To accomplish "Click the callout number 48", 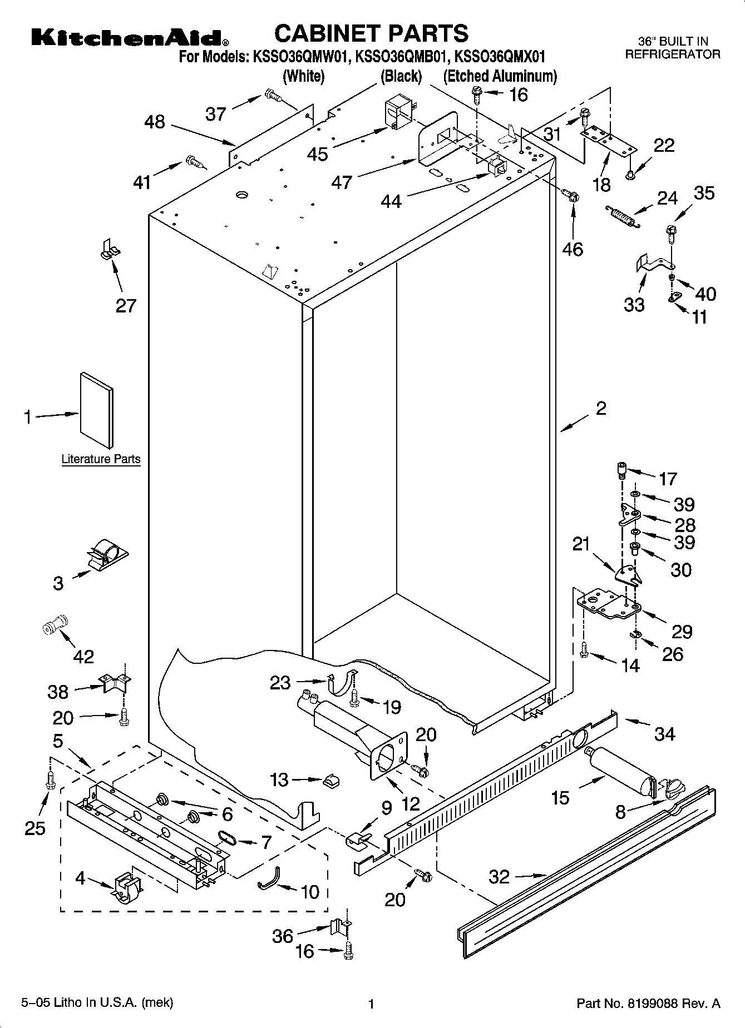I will click(155, 122).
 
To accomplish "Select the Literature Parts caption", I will click(101, 459).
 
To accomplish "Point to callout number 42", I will click(83, 656).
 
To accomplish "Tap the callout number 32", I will click(499, 877).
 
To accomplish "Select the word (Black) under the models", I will click(401, 76).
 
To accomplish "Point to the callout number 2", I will click(601, 409).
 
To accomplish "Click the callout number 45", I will click(318, 154).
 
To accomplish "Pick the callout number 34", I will click(664, 734).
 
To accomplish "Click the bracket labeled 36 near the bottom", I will click(339, 927).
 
